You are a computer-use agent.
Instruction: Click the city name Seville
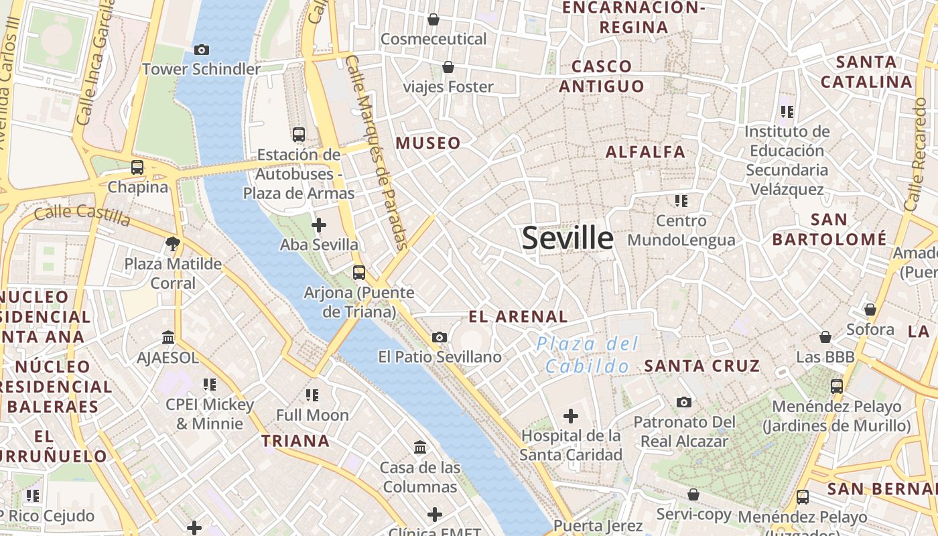click(567, 239)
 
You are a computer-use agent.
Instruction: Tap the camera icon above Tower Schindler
click(201, 50)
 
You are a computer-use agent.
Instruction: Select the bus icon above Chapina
click(137, 167)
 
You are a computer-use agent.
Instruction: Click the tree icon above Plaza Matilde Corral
click(173, 244)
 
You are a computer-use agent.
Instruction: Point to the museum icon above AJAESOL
click(168, 338)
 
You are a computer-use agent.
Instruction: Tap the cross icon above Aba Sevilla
click(319, 224)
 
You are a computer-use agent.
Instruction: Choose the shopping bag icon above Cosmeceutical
click(433, 19)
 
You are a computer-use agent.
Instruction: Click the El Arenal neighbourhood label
click(518, 317)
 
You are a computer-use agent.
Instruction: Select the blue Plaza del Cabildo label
click(588, 355)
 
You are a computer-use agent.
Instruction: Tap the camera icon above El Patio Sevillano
click(440, 337)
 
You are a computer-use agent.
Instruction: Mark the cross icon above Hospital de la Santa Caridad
click(571, 416)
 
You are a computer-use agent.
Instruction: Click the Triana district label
click(295, 441)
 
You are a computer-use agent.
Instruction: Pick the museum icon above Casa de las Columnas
click(420, 447)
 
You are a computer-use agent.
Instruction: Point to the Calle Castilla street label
click(82, 215)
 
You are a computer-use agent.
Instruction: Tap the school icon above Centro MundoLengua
click(681, 200)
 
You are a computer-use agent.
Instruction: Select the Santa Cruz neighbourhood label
click(702, 366)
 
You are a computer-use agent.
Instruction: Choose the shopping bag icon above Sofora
click(870, 310)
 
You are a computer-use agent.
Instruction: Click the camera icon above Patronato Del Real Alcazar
click(684, 402)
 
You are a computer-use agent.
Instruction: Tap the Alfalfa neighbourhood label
click(645, 152)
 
